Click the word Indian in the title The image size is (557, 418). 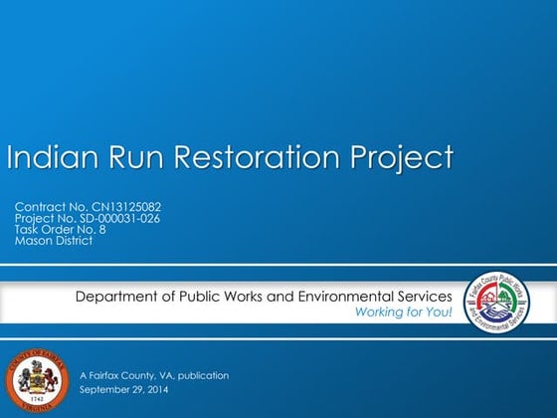(x=49, y=157)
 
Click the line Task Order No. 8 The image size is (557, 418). (x=60, y=229)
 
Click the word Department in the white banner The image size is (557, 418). (x=118, y=297)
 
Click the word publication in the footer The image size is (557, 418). (x=200, y=375)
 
